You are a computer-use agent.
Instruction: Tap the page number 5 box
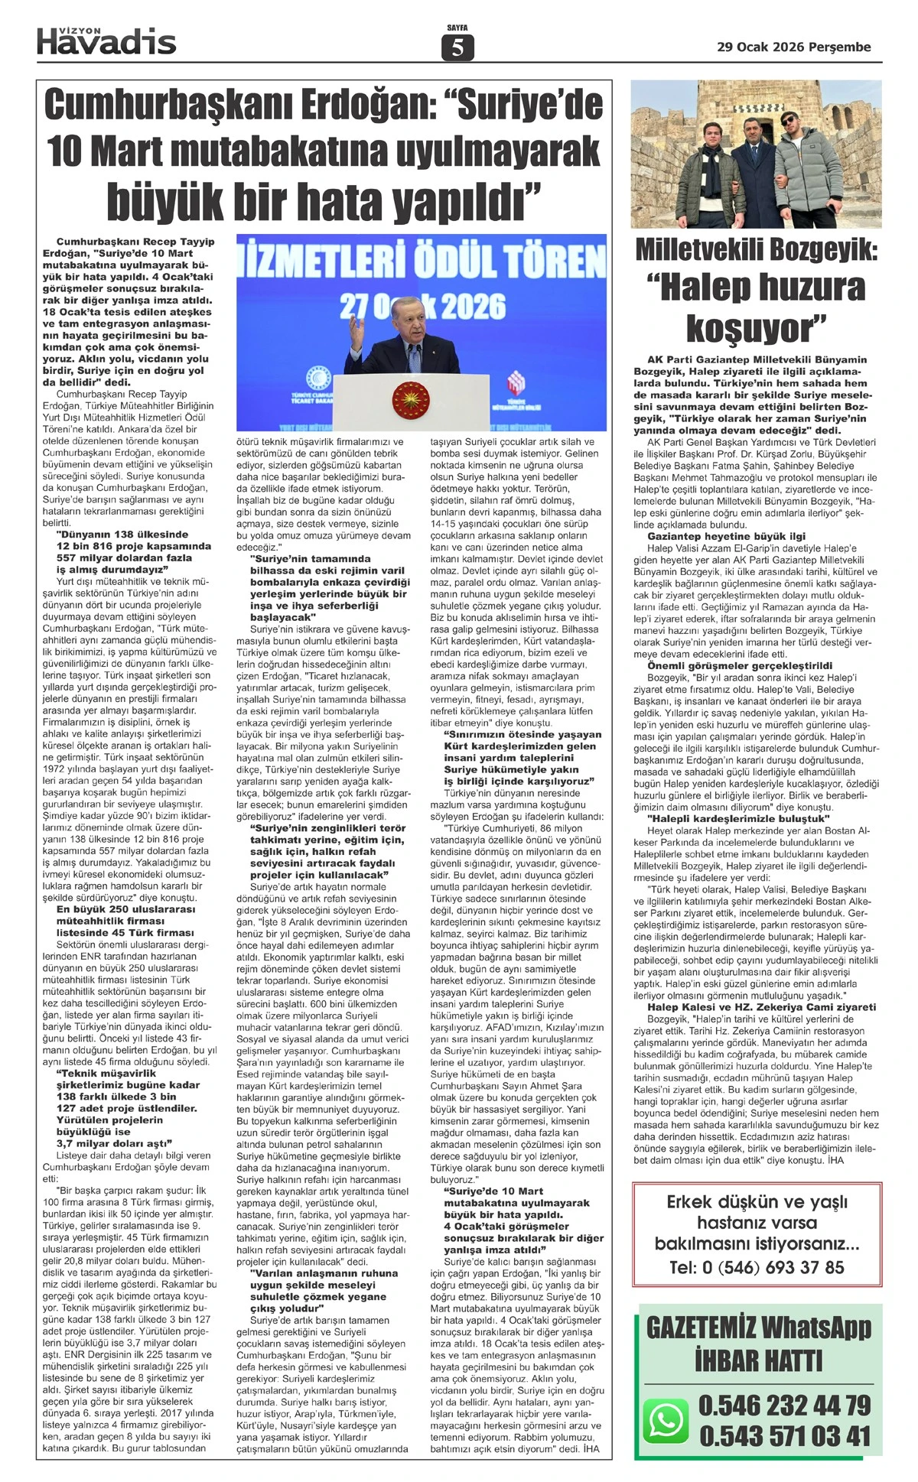(457, 48)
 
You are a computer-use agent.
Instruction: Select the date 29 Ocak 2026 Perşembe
(793, 47)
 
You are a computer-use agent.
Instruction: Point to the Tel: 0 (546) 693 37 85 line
(757, 1267)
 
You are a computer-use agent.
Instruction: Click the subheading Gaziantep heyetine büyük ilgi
(726, 536)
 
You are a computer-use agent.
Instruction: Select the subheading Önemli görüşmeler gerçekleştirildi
(740, 666)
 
